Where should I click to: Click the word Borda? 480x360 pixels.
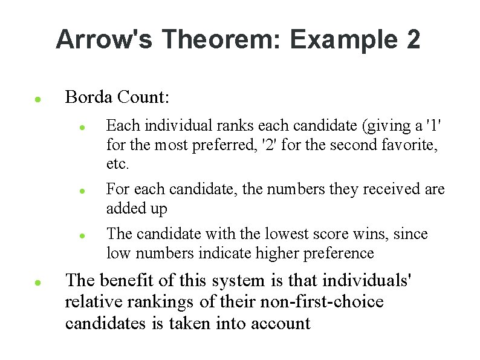point(89,97)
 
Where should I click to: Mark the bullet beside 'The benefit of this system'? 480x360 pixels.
point(37,283)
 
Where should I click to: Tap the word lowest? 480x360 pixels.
point(281,234)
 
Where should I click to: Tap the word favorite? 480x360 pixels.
point(414,145)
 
